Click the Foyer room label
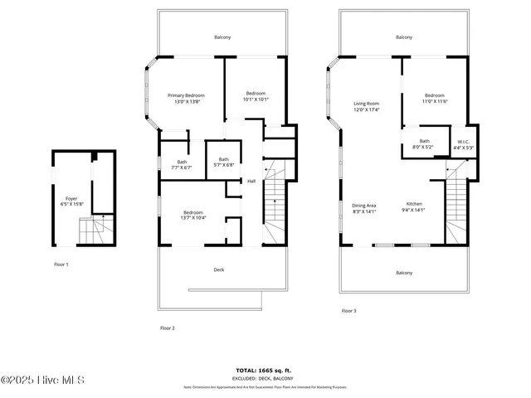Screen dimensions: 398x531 (x=71, y=199)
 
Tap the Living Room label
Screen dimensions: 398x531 (x=366, y=103)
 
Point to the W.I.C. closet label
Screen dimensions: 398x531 (x=463, y=141)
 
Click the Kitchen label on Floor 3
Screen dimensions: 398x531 (x=414, y=205)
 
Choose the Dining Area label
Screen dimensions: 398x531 (x=364, y=205)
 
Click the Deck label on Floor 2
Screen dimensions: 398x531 (x=218, y=269)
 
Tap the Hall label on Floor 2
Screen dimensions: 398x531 (x=251, y=181)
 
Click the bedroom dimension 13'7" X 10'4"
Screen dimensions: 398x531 (x=192, y=217)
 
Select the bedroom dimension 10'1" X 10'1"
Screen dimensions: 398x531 (x=256, y=99)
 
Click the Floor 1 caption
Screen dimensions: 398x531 (x=61, y=264)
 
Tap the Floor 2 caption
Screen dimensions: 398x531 (x=167, y=328)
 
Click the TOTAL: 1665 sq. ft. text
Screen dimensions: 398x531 (x=265, y=371)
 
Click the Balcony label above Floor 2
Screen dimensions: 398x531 (x=222, y=37)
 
